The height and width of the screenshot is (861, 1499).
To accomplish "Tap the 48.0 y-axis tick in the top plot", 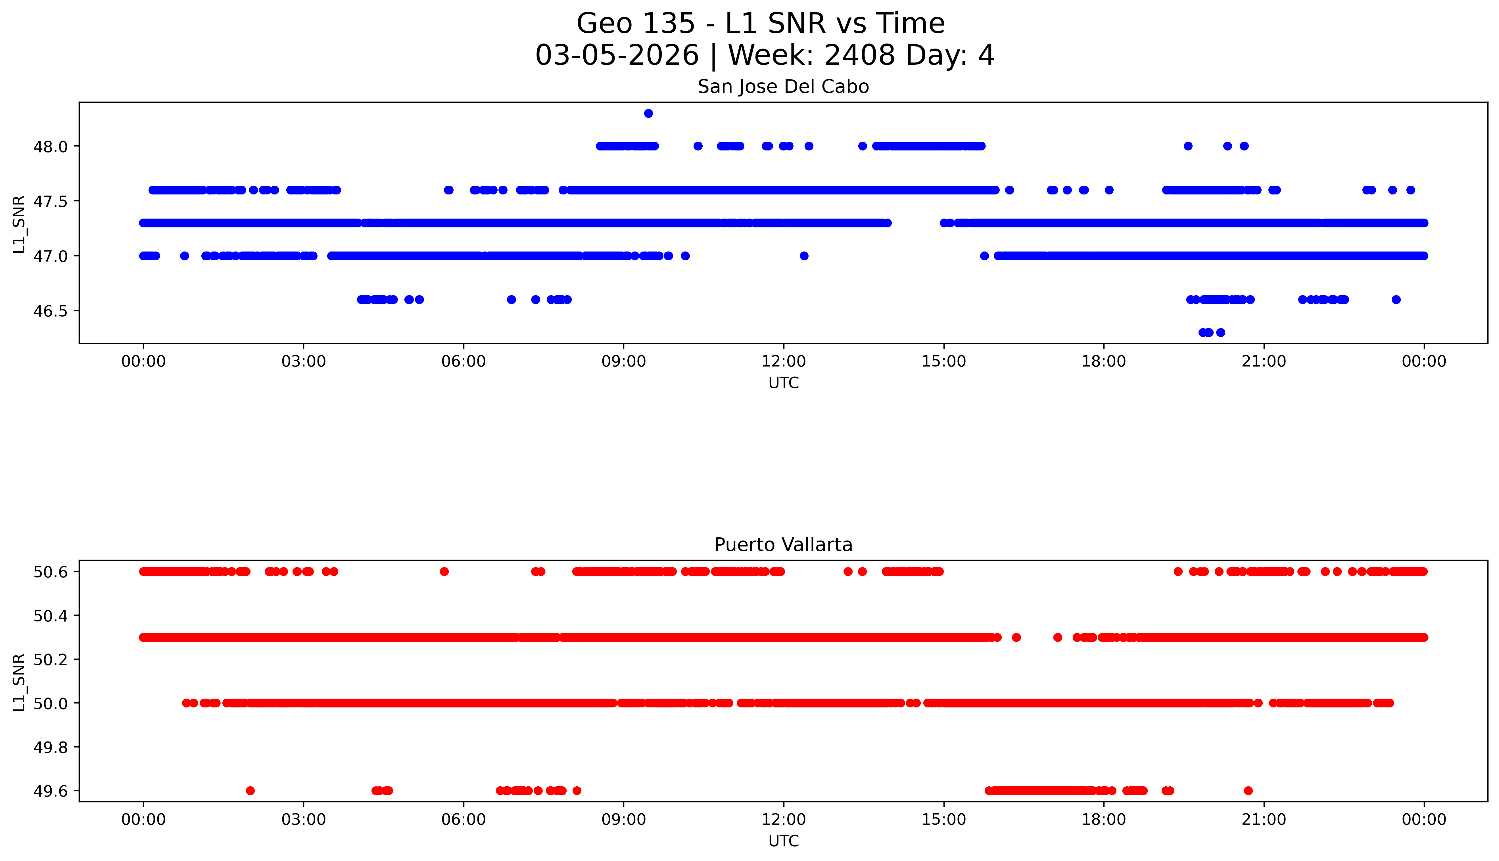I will (x=51, y=146).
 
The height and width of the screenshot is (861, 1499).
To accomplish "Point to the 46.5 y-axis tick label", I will (x=51, y=311).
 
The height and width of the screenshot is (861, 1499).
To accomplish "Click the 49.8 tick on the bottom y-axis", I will (x=51, y=747).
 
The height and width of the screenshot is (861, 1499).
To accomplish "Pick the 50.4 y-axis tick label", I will (x=51, y=616).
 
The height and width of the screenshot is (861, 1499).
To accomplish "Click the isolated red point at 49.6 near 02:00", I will (x=250, y=791).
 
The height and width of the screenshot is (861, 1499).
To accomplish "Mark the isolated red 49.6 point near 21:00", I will (x=1248, y=791).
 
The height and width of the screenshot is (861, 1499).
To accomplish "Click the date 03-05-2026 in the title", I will (x=617, y=56).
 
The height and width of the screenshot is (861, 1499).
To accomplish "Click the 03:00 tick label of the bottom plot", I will (x=304, y=820).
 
